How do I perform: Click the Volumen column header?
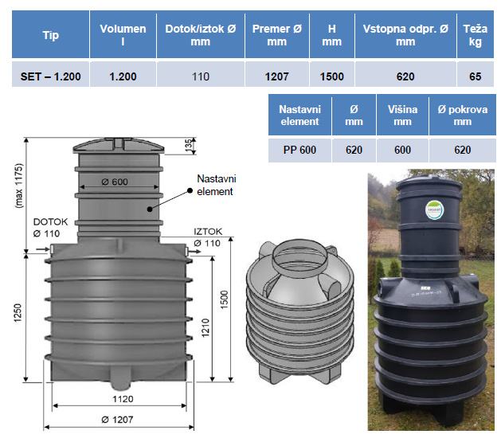123,35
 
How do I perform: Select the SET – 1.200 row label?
50,76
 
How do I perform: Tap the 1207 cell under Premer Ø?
276,76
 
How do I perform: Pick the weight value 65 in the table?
476,76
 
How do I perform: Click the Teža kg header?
476,35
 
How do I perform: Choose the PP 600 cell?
299,150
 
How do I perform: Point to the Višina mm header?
402,115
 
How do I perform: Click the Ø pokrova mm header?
462,115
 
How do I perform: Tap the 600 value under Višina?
402,150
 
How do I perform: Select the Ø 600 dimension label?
115,182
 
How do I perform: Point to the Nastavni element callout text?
217,185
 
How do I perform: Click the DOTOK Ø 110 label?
50,228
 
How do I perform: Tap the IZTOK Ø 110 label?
208,237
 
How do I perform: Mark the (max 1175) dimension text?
19,186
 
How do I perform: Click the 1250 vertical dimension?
18,312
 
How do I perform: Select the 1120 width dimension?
123,399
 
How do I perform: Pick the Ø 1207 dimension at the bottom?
117,420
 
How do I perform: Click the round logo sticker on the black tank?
434,210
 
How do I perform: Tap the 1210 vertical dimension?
205,328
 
